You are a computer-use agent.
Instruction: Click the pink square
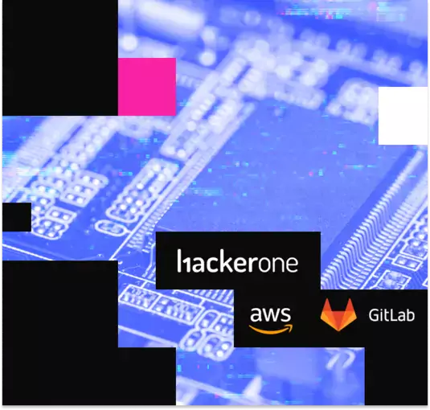(147, 87)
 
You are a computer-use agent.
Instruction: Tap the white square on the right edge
(403, 116)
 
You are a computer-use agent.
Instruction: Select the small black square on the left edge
(17, 217)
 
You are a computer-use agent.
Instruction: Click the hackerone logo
(237, 261)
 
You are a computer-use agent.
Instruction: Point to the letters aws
(270, 314)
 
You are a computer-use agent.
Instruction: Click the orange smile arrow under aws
(271, 329)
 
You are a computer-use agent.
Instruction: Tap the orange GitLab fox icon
(338, 314)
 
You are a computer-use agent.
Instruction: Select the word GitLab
(391, 315)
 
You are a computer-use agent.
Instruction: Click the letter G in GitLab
(375, 315)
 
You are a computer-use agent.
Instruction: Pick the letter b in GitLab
(410, 315)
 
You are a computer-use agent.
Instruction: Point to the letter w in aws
(271, 314)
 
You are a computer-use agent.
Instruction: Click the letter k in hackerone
(225, 261)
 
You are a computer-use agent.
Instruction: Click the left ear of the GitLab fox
(326, 305)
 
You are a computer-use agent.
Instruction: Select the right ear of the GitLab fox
(350, 305)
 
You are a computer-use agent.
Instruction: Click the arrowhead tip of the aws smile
(292, 326)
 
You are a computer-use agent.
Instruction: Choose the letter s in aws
(286, 314)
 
